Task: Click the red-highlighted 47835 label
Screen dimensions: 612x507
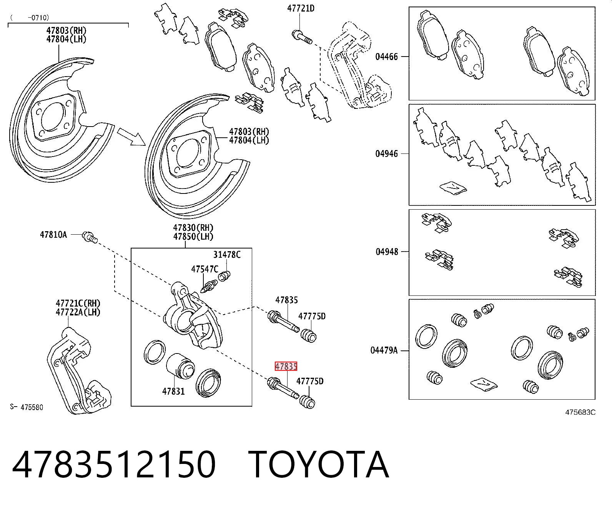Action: point(286,366)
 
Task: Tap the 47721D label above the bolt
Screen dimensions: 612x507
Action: point(301,8)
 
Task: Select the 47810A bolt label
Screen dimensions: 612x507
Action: point(53,234)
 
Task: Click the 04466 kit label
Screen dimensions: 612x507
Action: point(387,56)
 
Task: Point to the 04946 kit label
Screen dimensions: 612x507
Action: point(387,153)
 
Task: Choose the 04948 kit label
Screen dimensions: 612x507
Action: point(387,252)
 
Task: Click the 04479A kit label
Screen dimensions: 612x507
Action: point(384,350)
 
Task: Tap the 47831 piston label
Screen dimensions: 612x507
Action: point(173,391)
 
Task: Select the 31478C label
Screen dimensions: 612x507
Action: point(227,254)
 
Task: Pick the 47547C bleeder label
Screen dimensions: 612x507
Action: point(205,269)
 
